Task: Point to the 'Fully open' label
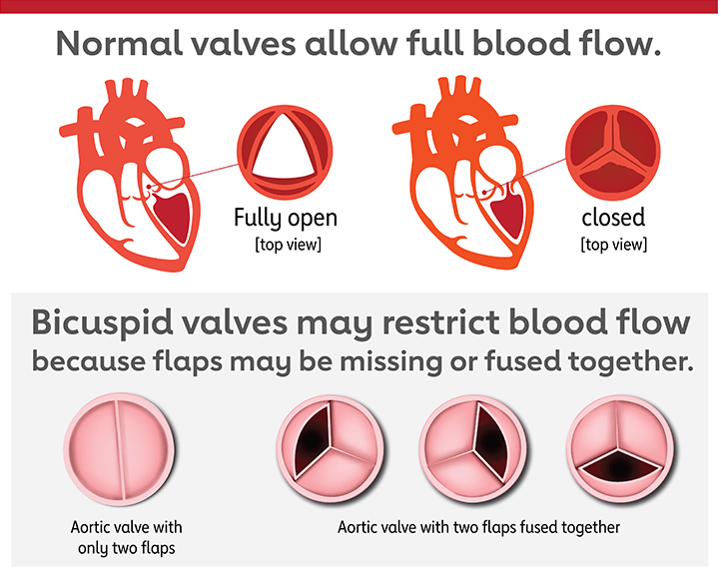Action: point(285,218)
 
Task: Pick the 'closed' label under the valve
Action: point(613,218)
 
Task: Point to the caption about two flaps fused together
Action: point(478,527)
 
